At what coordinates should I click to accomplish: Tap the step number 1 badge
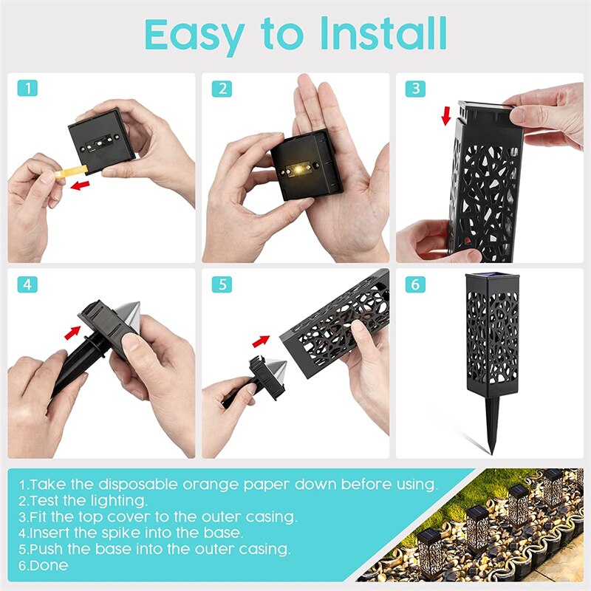(x=27, y=89)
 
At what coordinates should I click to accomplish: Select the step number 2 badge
(x=221, y=89)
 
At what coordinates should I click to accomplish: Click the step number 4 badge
(x=27, y=284)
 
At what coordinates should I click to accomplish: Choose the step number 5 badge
(x=221, y=284)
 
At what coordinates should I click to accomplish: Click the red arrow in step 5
(x=261, y=341)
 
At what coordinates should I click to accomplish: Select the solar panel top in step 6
(x=484, y=278)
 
